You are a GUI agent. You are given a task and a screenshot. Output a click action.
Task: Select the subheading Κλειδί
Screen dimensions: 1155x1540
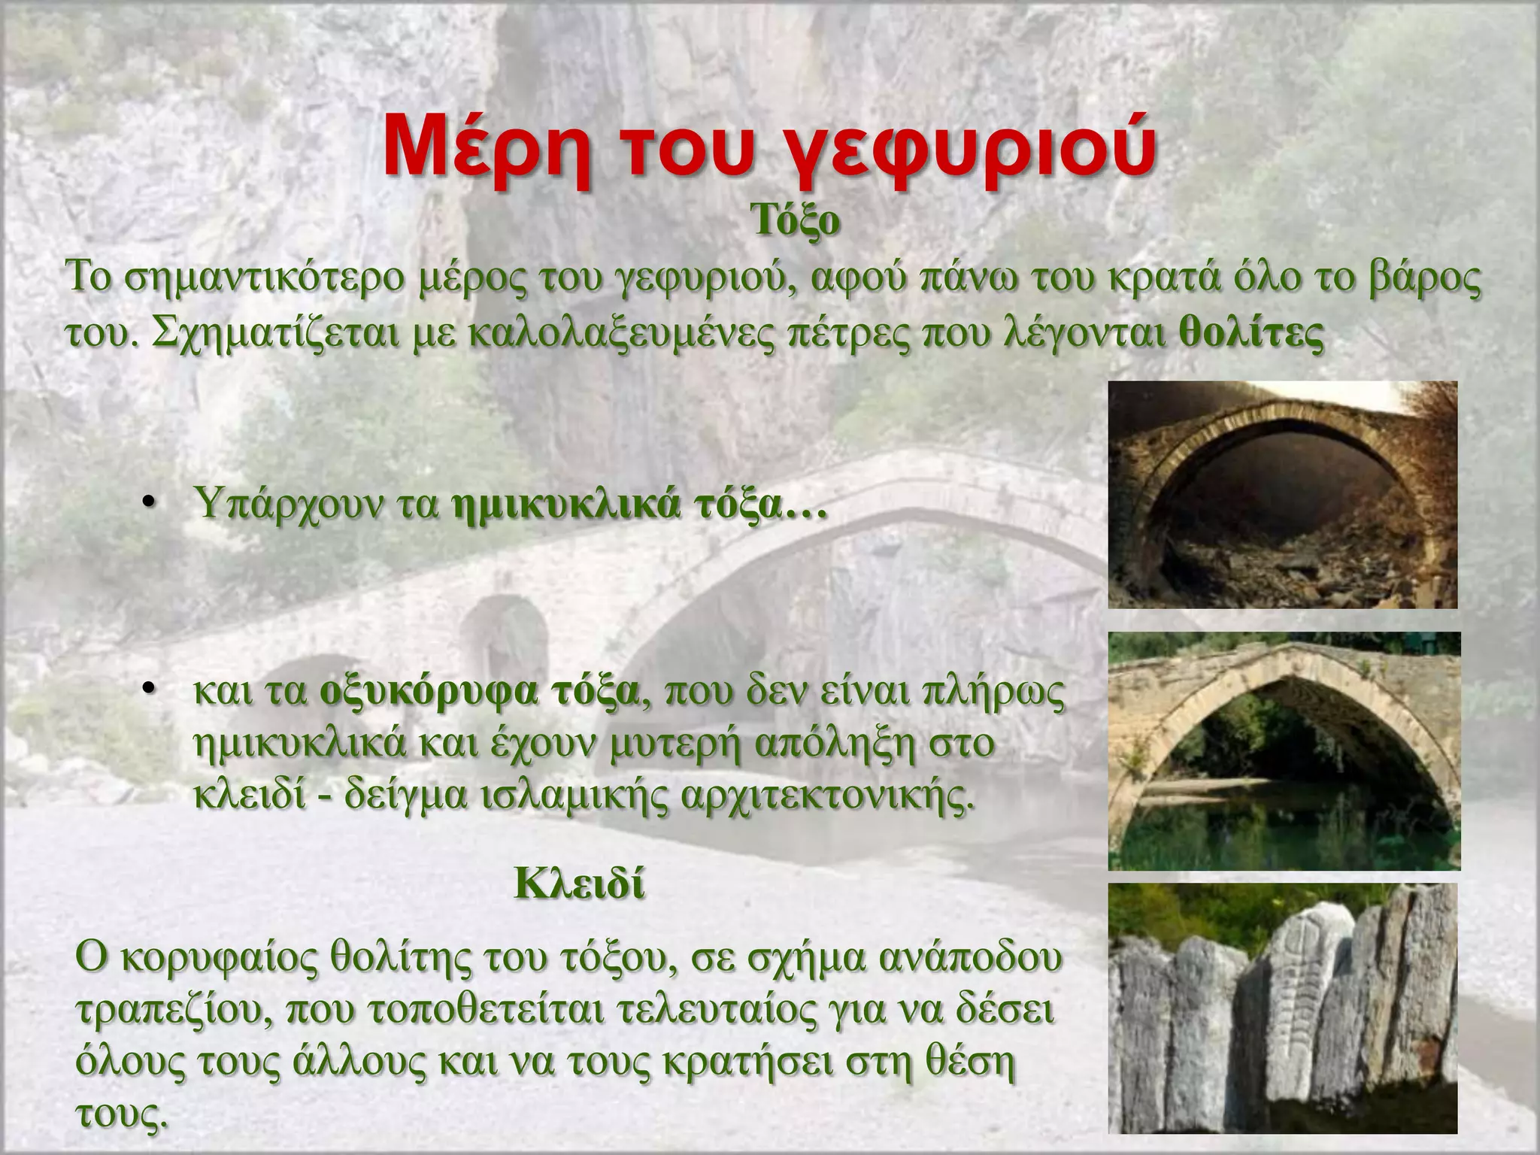tap(579, 885)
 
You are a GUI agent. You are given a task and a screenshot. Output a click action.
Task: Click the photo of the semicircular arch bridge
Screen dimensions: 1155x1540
tap(1282, 494)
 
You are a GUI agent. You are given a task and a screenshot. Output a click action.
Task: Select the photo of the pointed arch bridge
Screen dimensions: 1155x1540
tap(1284, 750)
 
